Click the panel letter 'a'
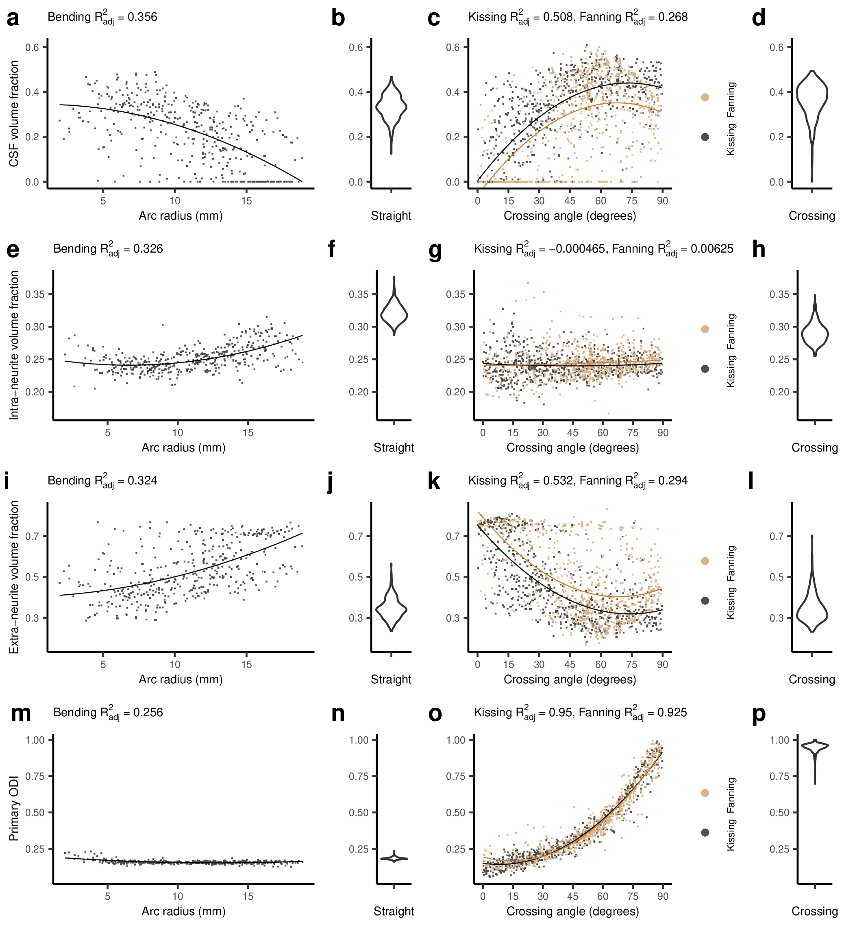[13, 18]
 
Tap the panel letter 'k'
[433, 482]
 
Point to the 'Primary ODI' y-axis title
[14, 808]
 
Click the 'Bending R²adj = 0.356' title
[102, 17]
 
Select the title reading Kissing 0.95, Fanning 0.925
[580, 713]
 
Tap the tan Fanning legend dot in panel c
[705, 97]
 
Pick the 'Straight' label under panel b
[391, 216]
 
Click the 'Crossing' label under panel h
[814, 447]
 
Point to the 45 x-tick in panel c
[570, 201]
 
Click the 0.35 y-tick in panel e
[35, 294]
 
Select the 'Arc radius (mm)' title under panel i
[181, 679]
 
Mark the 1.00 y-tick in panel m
[35, 740]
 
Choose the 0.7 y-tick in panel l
[777, 536]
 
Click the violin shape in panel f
[394, 313]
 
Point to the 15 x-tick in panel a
[246, 201]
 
